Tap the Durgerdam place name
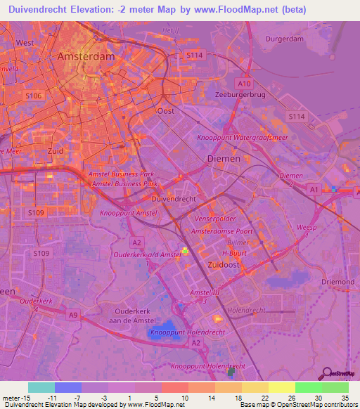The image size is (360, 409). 284,39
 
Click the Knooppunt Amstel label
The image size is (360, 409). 128,212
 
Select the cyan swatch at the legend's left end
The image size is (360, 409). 41,387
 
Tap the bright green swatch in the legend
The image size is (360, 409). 308,387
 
